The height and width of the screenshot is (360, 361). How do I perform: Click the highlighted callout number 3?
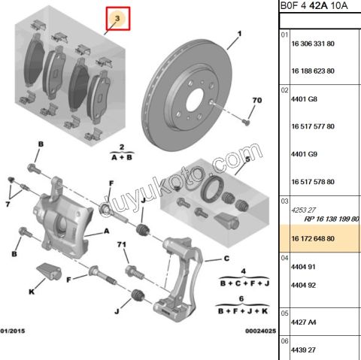117,18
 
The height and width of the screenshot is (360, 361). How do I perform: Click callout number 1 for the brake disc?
239,34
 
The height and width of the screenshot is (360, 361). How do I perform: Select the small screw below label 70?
247,123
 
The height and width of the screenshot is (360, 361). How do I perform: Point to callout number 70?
257,100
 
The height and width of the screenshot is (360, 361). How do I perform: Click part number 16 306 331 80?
313,44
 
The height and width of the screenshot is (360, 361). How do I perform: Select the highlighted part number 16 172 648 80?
313,238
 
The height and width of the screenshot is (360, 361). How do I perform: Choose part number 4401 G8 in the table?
304,99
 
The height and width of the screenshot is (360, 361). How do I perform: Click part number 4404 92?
303,285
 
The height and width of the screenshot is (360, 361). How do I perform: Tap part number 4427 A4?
303,322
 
